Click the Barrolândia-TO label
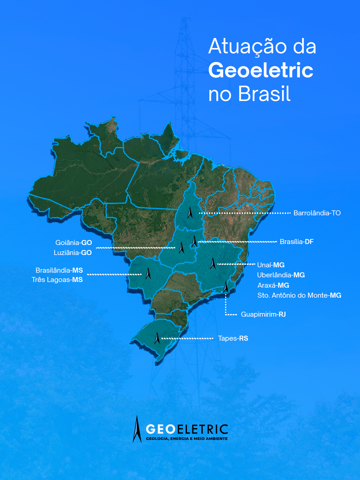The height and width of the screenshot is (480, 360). (x=317, y=213)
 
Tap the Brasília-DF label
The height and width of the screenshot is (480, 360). (x=296, y=242)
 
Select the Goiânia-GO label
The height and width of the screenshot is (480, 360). (x=73, y=243)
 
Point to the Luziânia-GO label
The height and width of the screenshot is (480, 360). (x=73, y=253)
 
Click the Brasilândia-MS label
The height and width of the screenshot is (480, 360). (x=59, y=270)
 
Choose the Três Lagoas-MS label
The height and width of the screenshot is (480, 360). (x=57, y=280)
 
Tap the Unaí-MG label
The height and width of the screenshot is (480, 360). (x=271, y=265)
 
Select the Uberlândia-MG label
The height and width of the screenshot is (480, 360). (x=281, y=275)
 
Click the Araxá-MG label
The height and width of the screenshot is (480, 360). (x=273, y=285)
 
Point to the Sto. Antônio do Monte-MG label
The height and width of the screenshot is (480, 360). (x=299, y=295)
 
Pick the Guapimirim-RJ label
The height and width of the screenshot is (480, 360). (x=263, y=314)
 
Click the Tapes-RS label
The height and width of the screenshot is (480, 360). (x=233, y=338)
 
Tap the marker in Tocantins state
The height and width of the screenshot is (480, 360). (x=190, y=213)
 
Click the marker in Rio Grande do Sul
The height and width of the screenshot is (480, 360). (x=157, y=338)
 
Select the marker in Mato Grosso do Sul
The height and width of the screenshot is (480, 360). (x=148, y=273)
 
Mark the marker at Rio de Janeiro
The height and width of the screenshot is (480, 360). (x=226, y=287)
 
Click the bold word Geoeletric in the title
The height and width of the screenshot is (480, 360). (x=261, y=70)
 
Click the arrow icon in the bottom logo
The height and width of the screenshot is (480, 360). (x=137, y=429)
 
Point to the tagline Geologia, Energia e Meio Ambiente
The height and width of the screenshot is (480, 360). (x=187, y=439)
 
